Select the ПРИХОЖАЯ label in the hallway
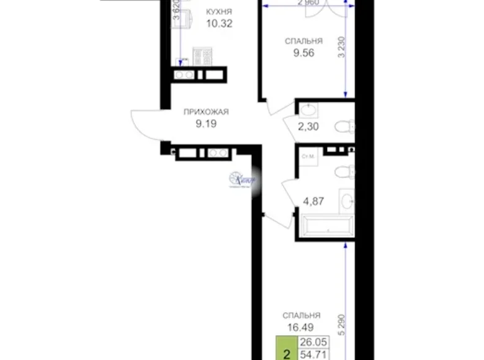[206, 112]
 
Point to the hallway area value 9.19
[206, 123]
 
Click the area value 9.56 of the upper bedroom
[303, 53]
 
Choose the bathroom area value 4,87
[311, 200]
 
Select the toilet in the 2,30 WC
[343, 128]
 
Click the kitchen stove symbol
[202, 55]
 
